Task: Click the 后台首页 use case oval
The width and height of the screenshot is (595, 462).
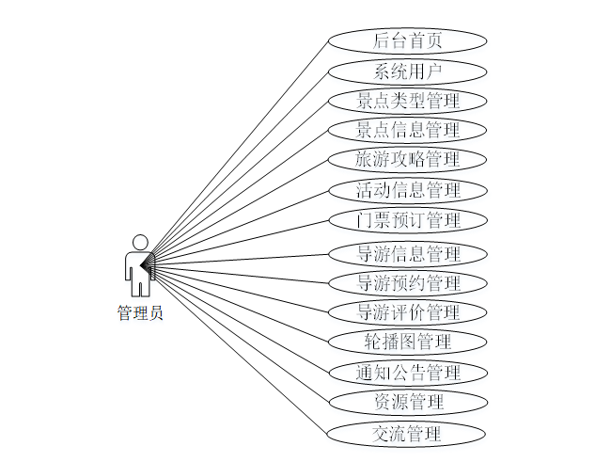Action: click(x=408, y=40)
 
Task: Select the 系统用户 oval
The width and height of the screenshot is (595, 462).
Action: click(x=408, y=71)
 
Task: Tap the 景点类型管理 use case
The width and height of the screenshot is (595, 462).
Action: click(x=408, y=101)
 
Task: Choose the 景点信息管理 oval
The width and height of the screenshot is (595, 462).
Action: click(x=408, y=130)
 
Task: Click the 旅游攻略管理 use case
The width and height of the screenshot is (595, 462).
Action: click(x=408, y=159)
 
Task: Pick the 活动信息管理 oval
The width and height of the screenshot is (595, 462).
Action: click(x=408, y=190)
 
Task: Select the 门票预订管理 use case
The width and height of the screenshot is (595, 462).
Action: click(x=408, y=221)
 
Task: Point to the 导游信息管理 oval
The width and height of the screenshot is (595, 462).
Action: click(x=408, y=253)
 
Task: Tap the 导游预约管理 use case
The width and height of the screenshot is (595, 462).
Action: click(x=408, y=283)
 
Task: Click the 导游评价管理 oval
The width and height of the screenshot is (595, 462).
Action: click(x=408, y=311)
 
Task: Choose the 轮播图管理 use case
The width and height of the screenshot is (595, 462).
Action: click(x=408, y=341)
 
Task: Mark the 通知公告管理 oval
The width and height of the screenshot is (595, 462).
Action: click(x=408, y=372)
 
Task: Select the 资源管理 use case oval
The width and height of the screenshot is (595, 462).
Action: click(x=408, y=403)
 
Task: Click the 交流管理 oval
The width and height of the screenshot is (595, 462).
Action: click(x=408, y=434)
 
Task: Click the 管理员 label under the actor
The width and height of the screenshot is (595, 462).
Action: click(x=140, y=313)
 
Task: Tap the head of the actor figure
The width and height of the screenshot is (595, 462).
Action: click(x=140, y=242)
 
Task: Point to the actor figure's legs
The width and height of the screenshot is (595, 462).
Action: click(x=140, y=285)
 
